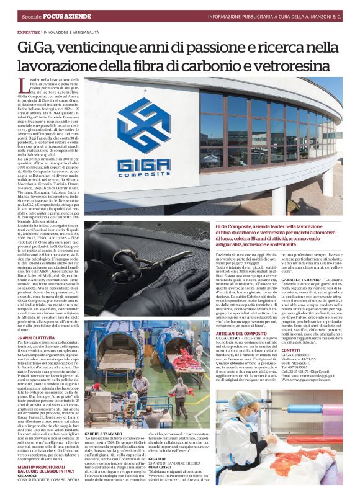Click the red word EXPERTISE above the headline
pyautogui.click(x=29, y=32)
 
